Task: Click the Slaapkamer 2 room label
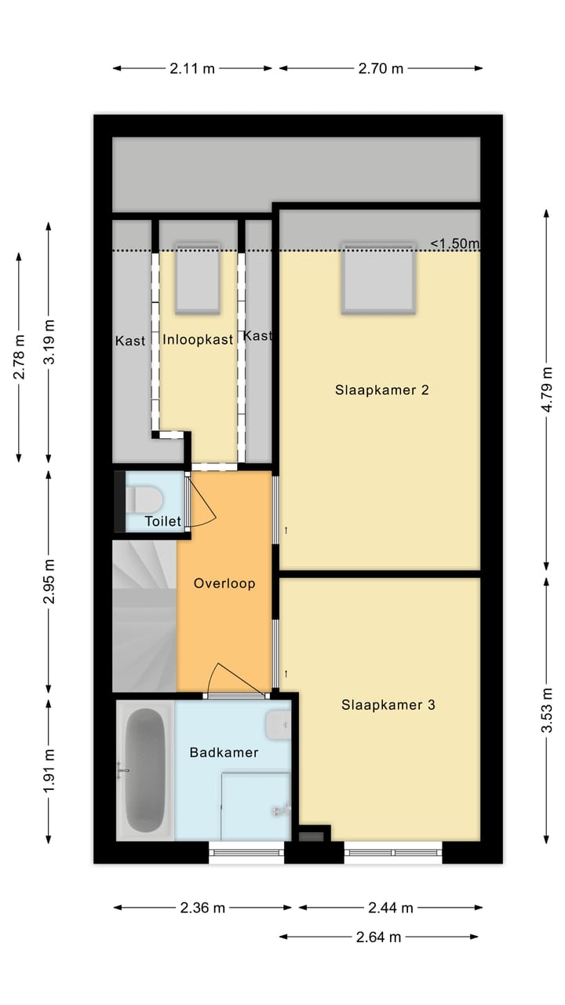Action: (x=381, y=390)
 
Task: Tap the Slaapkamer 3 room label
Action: (x=388, y=705)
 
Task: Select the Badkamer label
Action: (x=224, y=752)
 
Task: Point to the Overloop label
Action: (x=224, y=583)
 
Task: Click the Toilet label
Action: (x=162, y=521)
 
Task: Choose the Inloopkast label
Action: (x=198, y=340)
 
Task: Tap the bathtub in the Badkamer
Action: (x=144, y=770)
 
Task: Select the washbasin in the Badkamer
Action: (x=278, y=725)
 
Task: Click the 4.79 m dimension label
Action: (x=547, y=389)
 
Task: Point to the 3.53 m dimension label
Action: (x=547, y=710)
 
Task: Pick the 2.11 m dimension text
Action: (x=192, y=68)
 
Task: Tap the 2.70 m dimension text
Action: (x=381, y=68)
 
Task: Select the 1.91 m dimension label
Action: (x=49, y=771)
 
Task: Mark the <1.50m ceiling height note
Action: (x=455, y=243)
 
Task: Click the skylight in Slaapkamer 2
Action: (x=378, y=278)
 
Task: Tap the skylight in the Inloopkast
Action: (x=198, y=278)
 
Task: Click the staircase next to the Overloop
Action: (x=144, y=616)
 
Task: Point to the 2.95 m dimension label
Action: (x=49, y=582)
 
